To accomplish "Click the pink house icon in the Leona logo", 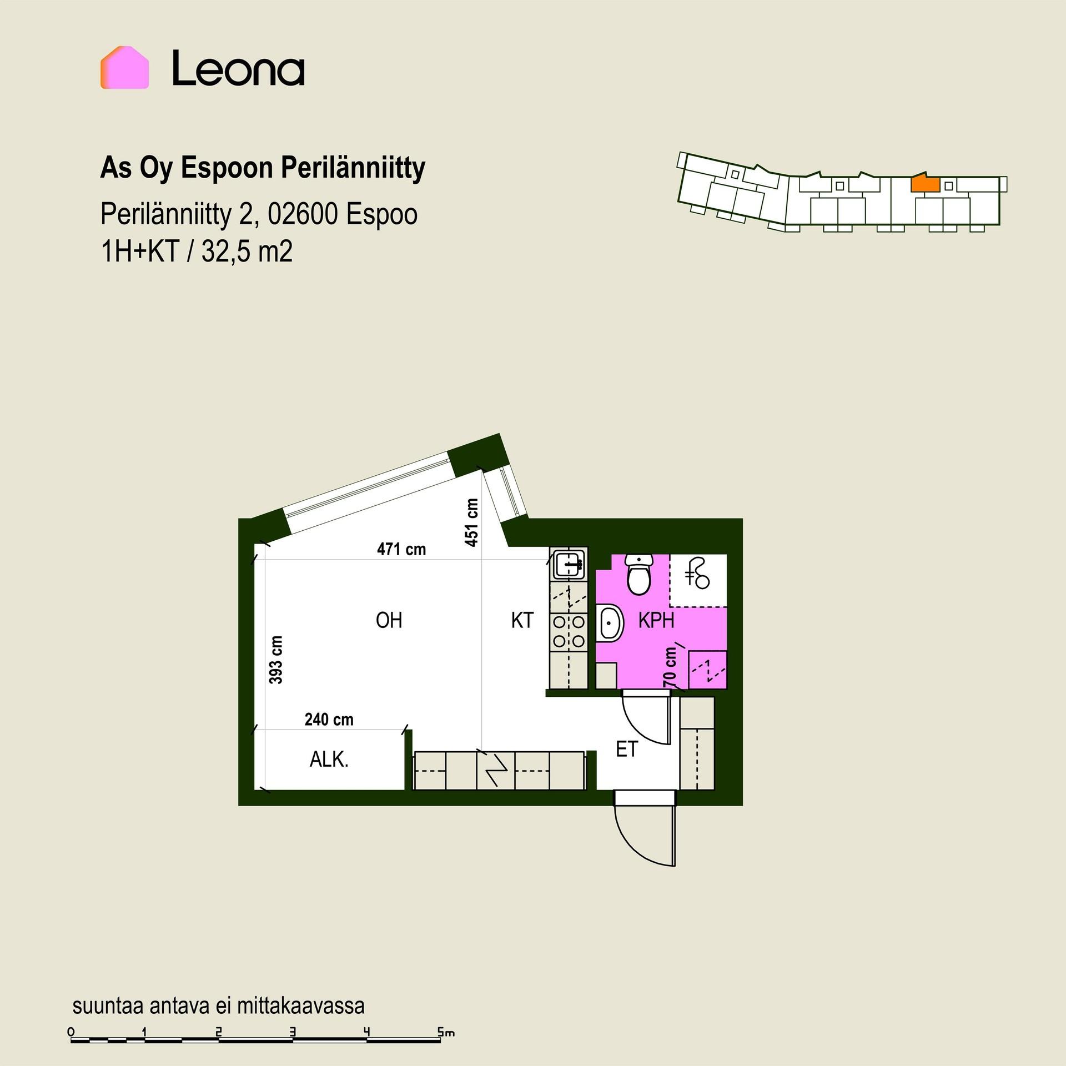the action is pos(124,67).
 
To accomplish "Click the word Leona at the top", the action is pos(238,68).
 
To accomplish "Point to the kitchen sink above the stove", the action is pos(568,565).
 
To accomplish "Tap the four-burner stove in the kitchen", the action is pos(569,631).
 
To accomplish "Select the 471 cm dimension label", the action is pos(401,549).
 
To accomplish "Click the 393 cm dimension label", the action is pos(276,660).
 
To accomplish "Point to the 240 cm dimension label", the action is pos(329,720).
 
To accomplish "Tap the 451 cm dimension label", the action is pos(471,522).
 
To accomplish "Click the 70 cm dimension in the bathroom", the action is pos(670,667).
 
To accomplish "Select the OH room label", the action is pos(389,620).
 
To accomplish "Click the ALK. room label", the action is pos(329,760).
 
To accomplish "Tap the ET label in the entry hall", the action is pos(627,750).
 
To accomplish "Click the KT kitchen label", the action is pos(522,620).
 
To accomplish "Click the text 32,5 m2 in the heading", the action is pos(247,252).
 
